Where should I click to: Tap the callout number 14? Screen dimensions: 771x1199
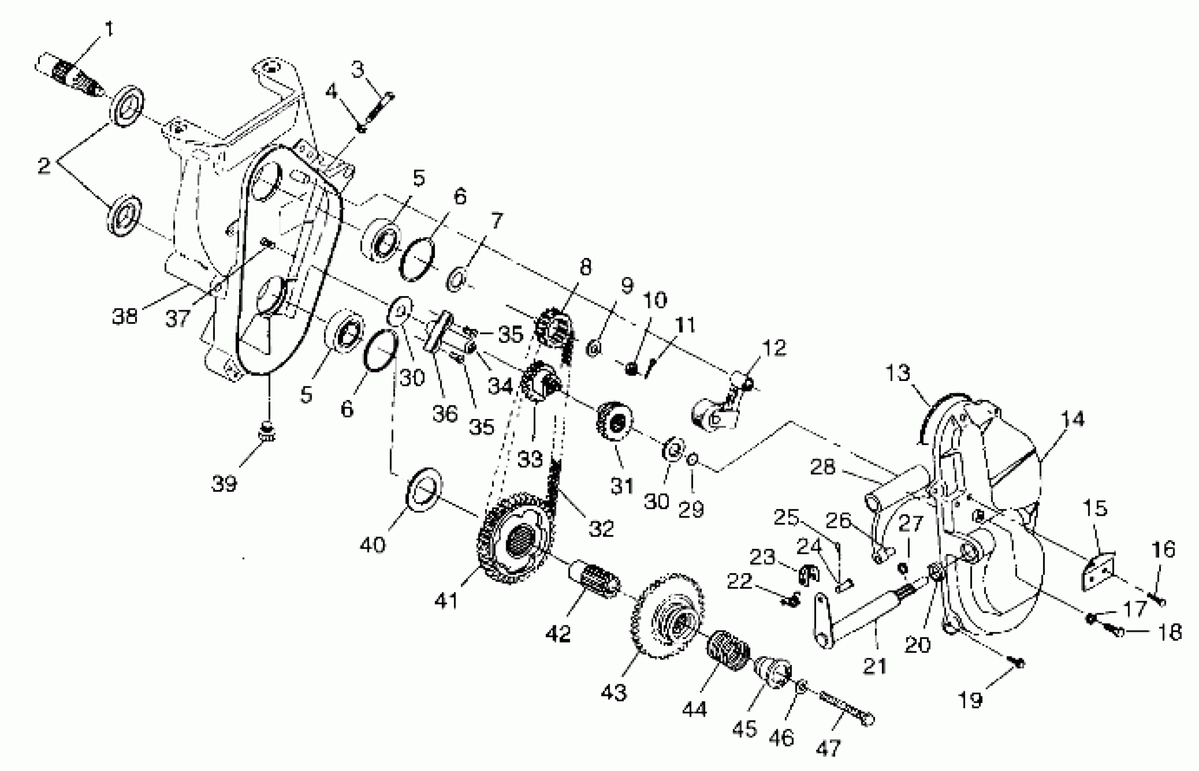(x=1072, y=419)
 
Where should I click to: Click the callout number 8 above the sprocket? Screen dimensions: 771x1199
(x=585, y=267)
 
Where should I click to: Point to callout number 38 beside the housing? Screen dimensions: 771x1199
(x=125, y=316)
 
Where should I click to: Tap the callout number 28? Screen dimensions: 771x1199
(x=822, y=467)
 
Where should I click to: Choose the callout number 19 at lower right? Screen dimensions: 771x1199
(x=970, y=699)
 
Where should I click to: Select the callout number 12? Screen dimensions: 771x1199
(x=774, y=348)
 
